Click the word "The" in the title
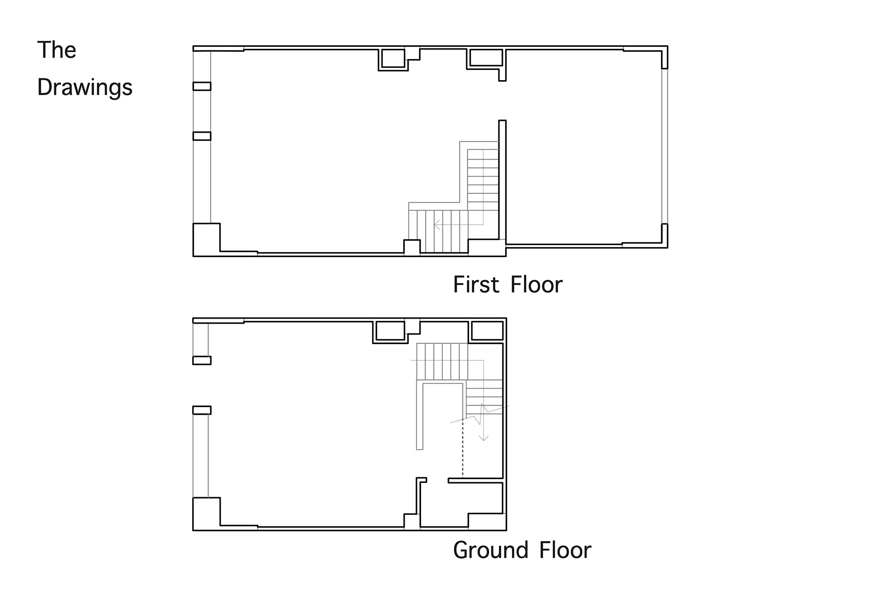[57, 50]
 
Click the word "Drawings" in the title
[85, 87]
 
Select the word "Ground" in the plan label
[491, 550]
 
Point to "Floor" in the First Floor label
[536, 285]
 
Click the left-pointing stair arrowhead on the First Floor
[437, 224]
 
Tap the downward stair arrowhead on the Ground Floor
[484, 437]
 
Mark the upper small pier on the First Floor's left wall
[202, 86]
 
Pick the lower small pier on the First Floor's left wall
[202, 136]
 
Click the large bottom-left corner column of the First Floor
[207, 239]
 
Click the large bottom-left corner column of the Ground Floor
[207, 513]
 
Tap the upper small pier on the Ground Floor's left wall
[202, 360]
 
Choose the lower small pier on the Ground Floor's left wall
[202, 410]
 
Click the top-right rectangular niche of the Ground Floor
[487, 331]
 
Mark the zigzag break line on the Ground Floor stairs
[479, 414]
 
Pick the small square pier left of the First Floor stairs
[412, 247]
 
